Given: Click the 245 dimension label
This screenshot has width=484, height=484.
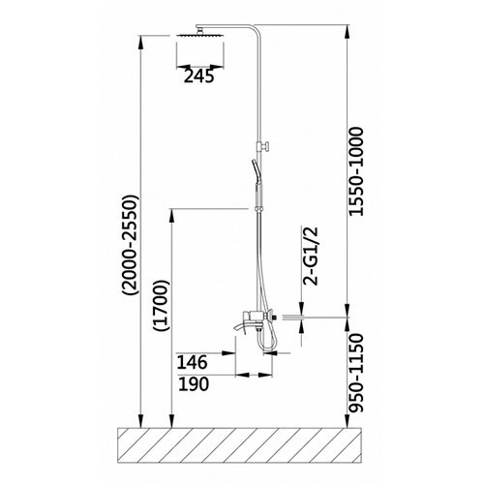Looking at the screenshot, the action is coord(198,76).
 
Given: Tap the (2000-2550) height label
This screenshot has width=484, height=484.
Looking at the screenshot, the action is coord(130,245).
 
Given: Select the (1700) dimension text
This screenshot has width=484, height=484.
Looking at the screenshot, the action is coord(162,306).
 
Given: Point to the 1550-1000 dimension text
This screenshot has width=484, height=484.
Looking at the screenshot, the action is coord(357,171).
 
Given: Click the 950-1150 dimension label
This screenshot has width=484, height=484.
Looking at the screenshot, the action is coord(357,373).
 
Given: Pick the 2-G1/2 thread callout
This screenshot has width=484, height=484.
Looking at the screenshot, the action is coord(311,256).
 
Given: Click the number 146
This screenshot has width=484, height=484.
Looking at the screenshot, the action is coord(192,363).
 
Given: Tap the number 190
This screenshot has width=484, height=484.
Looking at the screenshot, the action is coord(194,384).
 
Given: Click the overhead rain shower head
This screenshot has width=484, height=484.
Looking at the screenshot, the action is coord(200,34).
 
